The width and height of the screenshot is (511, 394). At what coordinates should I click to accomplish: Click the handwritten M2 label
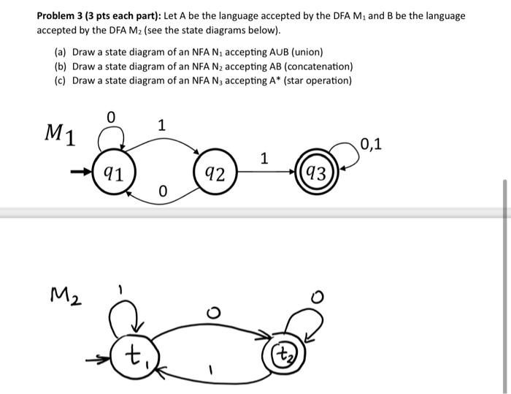[x=65, y=296]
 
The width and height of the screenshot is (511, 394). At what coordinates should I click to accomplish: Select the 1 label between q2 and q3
[x=264, y=158]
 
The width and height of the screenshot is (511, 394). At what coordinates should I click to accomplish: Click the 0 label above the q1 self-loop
[x=111, y=116]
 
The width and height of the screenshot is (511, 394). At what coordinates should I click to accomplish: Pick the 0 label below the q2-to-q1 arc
[x=163, y=192]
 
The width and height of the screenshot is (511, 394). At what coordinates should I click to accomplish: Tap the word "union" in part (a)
[x=304, y=53]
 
